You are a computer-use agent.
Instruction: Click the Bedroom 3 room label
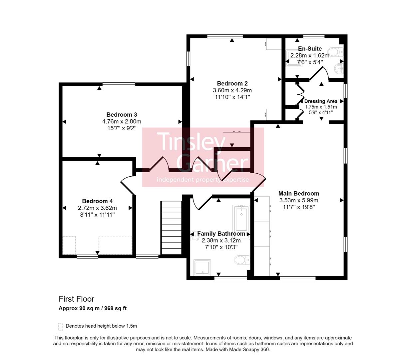pos(122,115)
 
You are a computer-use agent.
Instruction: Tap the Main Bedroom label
pos(298,193)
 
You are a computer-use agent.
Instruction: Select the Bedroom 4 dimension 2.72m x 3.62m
pos(97,208)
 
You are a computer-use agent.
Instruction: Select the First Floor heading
pos(76,299)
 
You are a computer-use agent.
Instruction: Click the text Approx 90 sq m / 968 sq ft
pos(93,308)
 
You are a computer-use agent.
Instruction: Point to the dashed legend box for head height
pos(60,326)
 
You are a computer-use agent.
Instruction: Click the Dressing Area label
pos(320,101)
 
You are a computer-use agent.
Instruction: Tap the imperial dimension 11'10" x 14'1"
pos(232,97)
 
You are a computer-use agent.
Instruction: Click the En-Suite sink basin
pos(338,69)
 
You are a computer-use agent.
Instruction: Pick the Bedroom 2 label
pos(232,83)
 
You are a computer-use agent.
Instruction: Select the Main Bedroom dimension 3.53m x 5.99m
pos(298,200)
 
